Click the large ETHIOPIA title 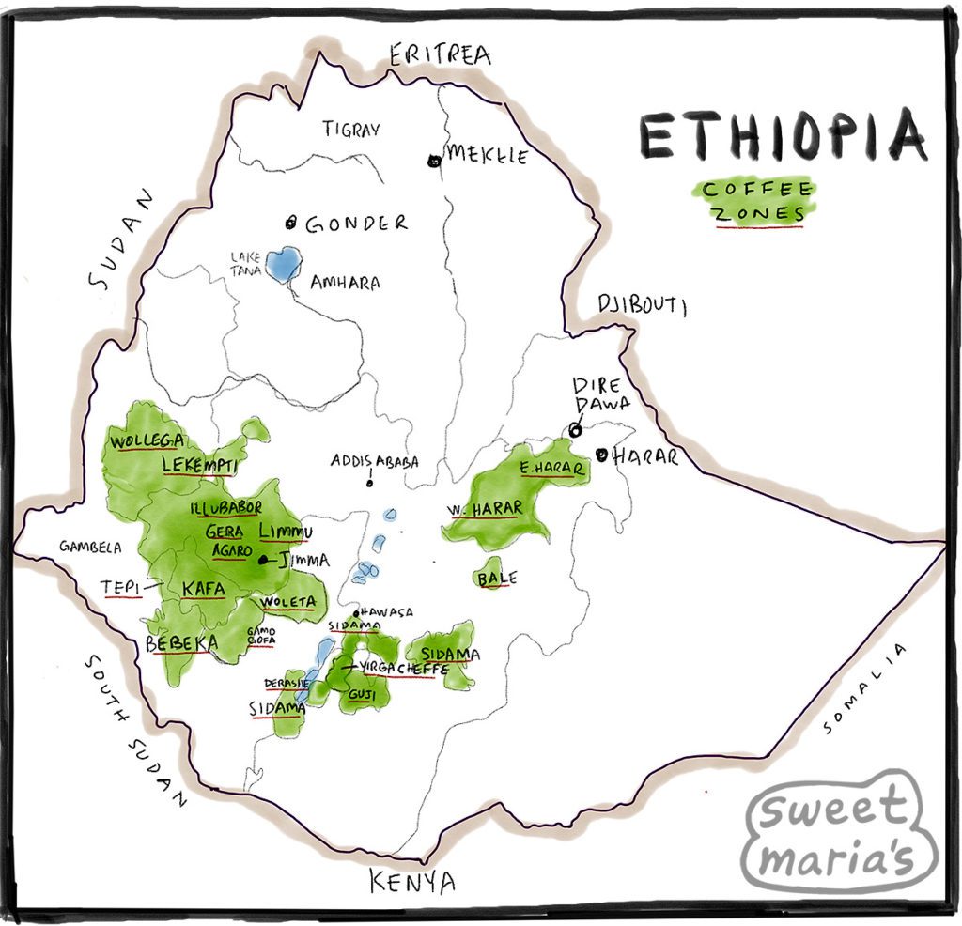783,137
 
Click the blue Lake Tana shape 283,264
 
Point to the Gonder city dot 291,223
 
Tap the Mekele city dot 434,161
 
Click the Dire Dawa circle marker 575,430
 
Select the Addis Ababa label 374,462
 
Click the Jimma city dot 263,561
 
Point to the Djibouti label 642,305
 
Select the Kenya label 411,882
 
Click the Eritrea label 440,55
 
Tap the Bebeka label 181,644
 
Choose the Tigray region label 351,130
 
